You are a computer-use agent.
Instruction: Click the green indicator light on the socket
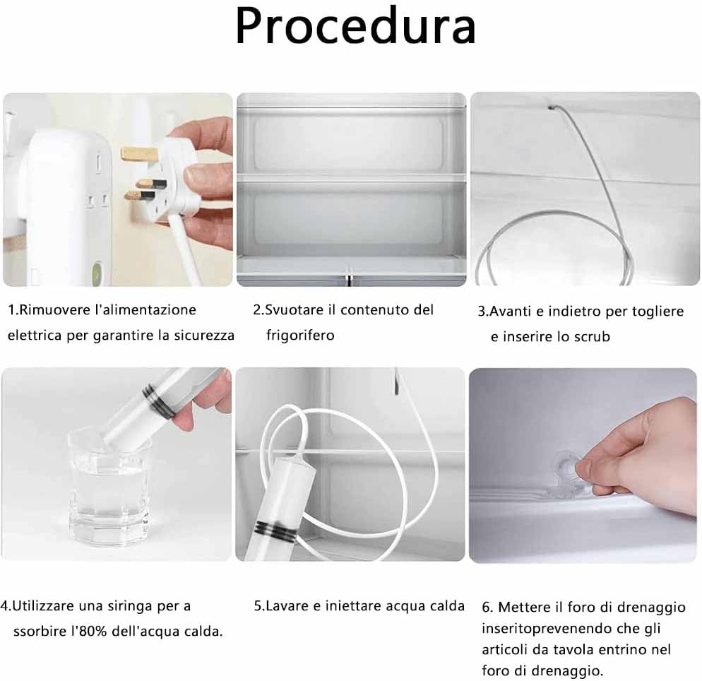(97, 271)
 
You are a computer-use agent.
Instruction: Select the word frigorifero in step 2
(300, 335)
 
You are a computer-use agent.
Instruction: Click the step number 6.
(487, 607)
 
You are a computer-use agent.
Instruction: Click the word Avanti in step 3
(511, 312)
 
